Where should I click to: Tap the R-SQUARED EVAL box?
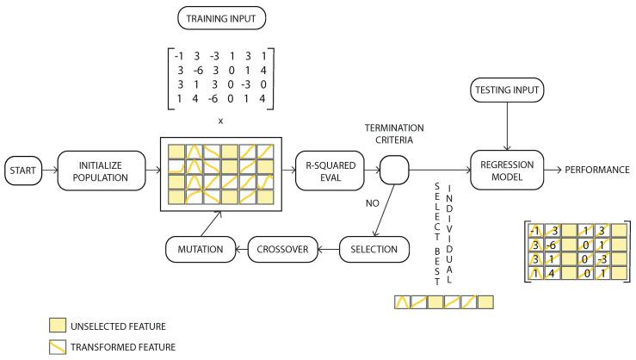tap(327, 171)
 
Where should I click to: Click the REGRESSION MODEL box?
tap(508, 171)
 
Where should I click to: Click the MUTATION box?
tap(195, 250)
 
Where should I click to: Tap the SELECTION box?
tap(372, 250)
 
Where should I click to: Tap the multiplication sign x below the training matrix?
tap(220, 121)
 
